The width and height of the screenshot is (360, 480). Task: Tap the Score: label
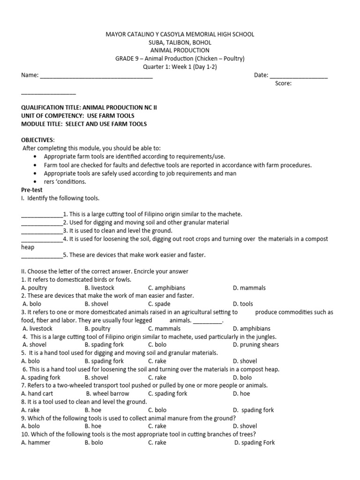point(284,83)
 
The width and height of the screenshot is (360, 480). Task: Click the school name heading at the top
point(180,34)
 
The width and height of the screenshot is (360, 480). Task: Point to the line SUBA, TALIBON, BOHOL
point(180,42)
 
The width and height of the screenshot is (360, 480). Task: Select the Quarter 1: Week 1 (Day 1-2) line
point(180,67)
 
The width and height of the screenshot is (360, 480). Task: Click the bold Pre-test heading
point(32,190)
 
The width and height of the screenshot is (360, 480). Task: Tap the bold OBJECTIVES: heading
point(38,140)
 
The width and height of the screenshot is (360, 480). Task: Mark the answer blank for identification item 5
point(42,256)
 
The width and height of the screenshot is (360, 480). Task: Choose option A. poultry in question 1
point(34,288)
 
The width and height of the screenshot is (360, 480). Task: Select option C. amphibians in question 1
point(166,288)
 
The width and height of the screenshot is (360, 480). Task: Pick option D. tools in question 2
point(243,304)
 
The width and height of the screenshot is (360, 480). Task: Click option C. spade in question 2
point(159,304)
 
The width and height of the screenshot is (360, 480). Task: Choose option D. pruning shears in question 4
point(255,345)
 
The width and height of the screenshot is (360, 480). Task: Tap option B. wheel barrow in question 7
point(107,393)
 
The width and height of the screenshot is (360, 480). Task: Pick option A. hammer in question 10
point(36,442)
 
